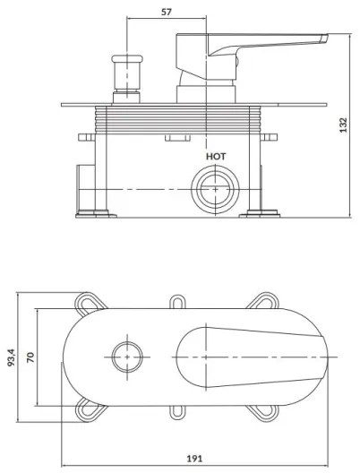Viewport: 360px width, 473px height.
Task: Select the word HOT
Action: [216, 156]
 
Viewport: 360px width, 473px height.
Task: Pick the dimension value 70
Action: [30, 357]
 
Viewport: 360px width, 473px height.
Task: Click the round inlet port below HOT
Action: [216, 189]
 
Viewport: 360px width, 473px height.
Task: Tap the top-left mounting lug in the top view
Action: [90, 302]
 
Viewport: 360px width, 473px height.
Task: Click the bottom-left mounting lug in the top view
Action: [90, 409]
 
